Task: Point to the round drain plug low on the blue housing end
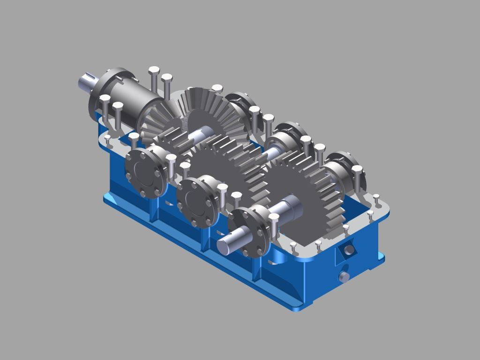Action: pos(344,277)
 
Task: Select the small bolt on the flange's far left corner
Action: pos(108,139)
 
